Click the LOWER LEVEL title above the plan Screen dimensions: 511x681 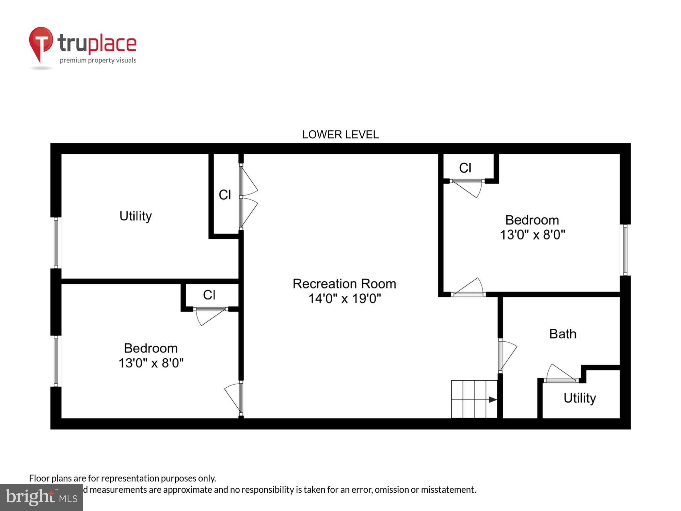coord(340,135)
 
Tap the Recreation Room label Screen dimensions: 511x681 coord(344,284)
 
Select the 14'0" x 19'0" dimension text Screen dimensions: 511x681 coord(344,299)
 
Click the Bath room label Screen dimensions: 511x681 coord(563,334)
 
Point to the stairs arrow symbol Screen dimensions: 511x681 coord(492,399)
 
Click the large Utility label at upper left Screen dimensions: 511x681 coord(136,216)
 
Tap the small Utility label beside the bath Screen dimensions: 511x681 coord(580,398)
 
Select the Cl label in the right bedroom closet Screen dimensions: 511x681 coord(465,168)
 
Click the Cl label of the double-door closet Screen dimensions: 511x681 coord(225,195)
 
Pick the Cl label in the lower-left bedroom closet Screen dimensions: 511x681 coord(209,295)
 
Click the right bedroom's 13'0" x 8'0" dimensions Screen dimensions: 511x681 coord(532,235)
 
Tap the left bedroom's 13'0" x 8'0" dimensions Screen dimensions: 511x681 coord(151,363)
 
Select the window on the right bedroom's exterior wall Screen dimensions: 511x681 coord(625,250)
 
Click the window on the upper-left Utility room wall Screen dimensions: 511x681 coord(56,243)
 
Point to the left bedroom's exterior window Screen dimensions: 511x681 coord(56,361)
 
